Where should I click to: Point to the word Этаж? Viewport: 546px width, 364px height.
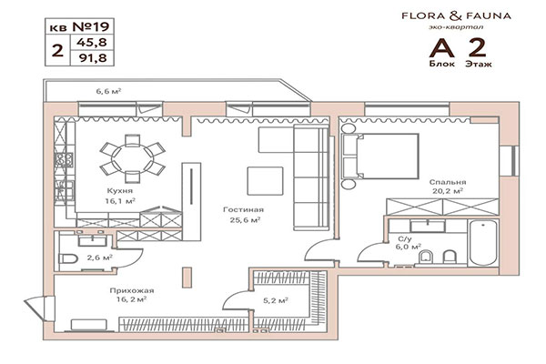[x=477, y=66]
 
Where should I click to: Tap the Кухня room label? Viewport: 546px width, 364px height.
[x=120, y=191]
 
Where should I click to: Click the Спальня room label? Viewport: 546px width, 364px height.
[x=449, y=181]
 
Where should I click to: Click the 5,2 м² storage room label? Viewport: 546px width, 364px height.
[x=276, y=298]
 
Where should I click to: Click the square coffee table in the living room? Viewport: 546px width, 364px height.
[x=265, y=179]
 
